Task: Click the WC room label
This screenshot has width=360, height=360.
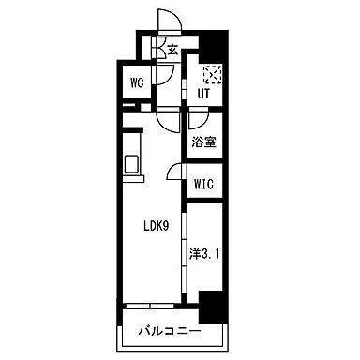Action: [x=137, y=83]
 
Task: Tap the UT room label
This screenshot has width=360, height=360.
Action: [x=203, y=94]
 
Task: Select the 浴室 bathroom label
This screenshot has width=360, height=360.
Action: [x=204, y=142]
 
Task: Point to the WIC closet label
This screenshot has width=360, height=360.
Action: [x=203, y=184]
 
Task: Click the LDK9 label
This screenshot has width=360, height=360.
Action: [x=157, y=226]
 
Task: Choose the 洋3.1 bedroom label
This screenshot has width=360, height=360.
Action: [x=204, y=254]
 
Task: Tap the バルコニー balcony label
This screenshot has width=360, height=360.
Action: [x=170, y=331]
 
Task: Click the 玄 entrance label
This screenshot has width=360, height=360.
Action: [x=172, y=50]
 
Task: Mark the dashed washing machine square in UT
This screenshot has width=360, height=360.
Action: [x=212, y=74]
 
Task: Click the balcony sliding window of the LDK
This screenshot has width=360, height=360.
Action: [x=150, y=306]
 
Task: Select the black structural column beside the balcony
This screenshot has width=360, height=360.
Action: [x=213, y=307]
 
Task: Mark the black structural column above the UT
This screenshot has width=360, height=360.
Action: [x=215, y=47]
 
